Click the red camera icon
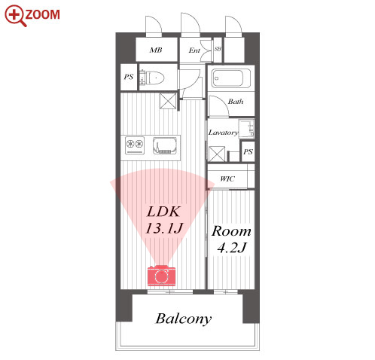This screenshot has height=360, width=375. tap(161, 276)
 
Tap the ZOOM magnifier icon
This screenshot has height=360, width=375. tap(15, 16)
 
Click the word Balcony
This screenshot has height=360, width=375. tap(184, 319)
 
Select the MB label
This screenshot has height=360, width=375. tap(156, 50)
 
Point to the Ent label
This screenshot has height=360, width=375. tap(194, 50)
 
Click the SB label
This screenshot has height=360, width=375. tap(218, 49)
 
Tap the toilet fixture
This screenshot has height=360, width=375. tap(152, 77)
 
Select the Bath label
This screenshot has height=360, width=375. tap(236, 102)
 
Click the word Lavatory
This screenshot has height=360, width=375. tap(223, 133)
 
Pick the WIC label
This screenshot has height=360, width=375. tap(227, 178)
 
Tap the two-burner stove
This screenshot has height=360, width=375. tap(135, 145)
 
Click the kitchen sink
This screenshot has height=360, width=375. tap(165, 145)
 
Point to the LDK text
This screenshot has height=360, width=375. tap(163, 212)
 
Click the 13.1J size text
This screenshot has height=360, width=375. tap(163, 228)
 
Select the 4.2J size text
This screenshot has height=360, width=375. tap(232, 248)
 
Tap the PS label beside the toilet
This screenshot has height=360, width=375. tap(129, 77)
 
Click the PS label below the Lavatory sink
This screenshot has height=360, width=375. tap(248, 151)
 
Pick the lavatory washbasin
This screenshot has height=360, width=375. tap(246, 129)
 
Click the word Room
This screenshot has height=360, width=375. tap(231, 231)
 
